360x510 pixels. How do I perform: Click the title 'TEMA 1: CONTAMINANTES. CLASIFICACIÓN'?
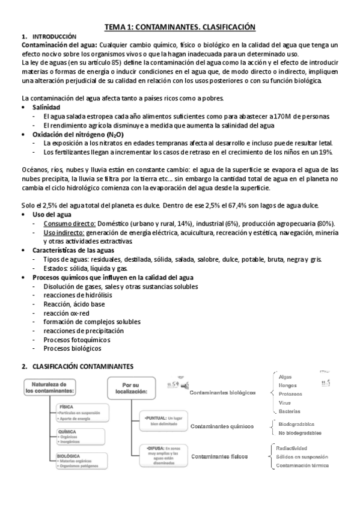click(x=180, y=27)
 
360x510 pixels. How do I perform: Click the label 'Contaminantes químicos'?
click(x=221, y=427)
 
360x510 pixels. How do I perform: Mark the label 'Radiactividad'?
click(x=291, y=449)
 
